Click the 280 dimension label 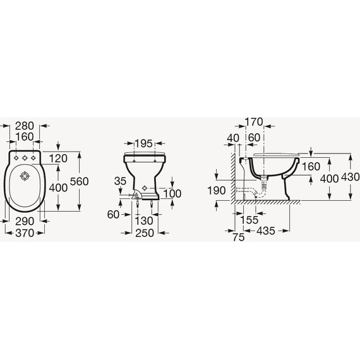point(25,126)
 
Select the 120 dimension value point(58,159)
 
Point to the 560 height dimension point(79,181)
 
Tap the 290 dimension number point(25,221)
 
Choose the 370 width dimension point(25,233)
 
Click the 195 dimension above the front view point(143,144)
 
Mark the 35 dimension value point(120,181)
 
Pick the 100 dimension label point(172,193)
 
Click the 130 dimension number point(144,221)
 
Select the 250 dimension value point(145,233)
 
